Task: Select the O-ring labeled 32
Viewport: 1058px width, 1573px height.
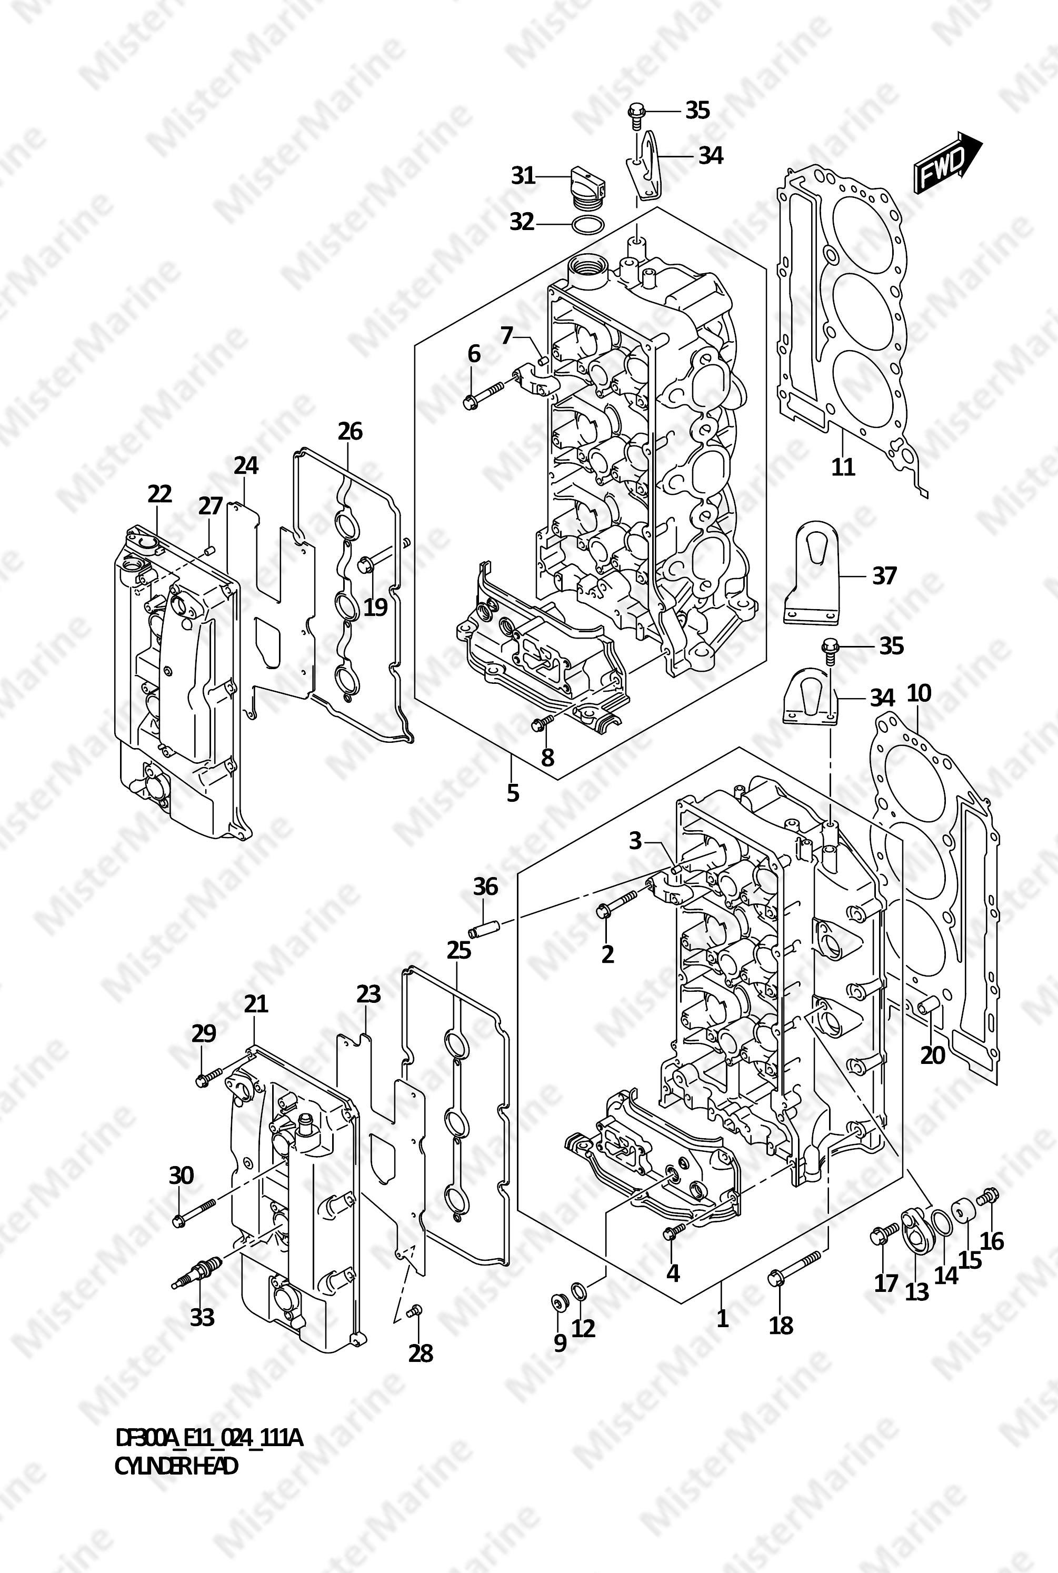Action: point(586,225)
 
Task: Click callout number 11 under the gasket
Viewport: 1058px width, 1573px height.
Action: point(843,466)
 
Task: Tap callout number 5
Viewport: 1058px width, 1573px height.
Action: point(513,793)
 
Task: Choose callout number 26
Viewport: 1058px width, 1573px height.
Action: point(350,431)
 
